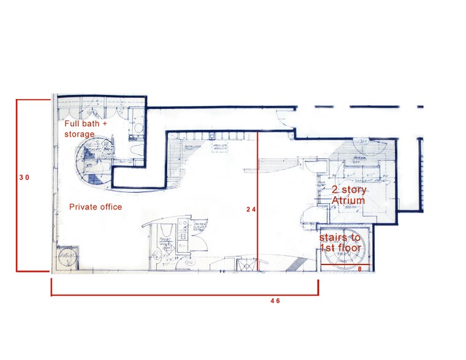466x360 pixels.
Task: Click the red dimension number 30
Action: [24, 178]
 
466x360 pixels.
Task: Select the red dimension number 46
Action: [274, 301]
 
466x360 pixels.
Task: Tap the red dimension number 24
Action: [250, 209]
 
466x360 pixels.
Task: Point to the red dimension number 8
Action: [360, 268]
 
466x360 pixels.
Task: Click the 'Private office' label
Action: [95, 207]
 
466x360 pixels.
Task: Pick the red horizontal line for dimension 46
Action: [184, 295]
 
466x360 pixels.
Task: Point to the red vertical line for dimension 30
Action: [16, 184]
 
